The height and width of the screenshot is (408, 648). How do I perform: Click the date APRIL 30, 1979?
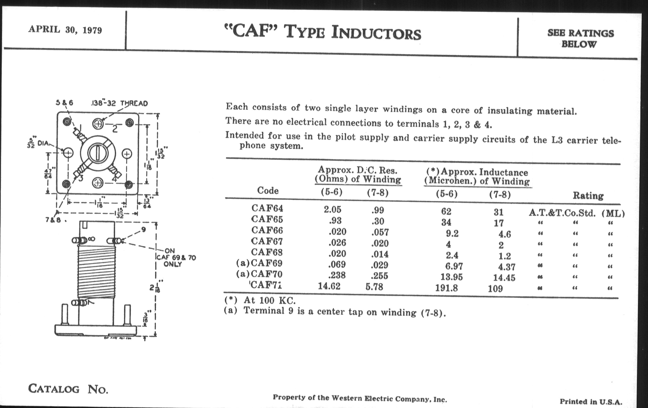coord(65,29)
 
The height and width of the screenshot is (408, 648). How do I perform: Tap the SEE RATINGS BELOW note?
coord(580,38)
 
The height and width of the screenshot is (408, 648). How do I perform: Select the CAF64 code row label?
coord(267,208)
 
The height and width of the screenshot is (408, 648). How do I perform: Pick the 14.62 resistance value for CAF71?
coord(329,286)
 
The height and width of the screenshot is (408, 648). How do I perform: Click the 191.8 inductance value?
coord(447,288)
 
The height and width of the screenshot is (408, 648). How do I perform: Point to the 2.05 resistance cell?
coord(332,210)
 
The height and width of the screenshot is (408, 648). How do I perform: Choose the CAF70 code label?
coord(266,274)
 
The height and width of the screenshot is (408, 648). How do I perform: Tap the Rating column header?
coord(588,195)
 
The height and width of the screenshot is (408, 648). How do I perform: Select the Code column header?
coord(268,190)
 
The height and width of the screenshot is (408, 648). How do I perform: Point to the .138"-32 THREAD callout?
coord(119,103)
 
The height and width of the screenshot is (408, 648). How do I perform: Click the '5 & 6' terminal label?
coord(64,103)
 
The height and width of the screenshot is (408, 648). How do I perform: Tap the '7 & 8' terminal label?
coord(53,220)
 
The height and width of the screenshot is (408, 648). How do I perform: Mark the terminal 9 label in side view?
coord(143,229)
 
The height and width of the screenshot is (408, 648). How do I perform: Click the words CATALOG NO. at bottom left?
coord(68,389)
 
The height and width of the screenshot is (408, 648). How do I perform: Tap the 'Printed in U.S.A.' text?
coord(591,402)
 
